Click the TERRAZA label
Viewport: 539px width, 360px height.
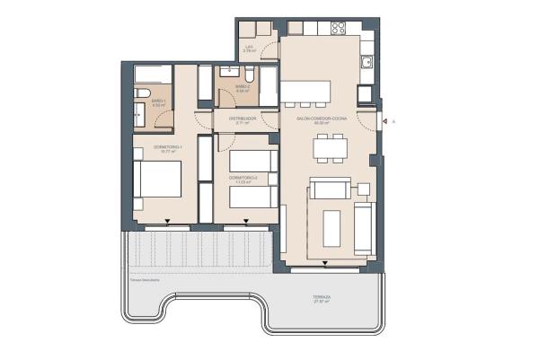pyautogui.click(x=323, y=297)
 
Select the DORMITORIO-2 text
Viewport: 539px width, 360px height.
pyautogui.click(x=243, y=180)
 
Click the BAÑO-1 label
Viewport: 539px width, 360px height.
pyautogui.click(x=157, y=101)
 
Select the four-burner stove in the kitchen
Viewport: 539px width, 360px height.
pyautogui.click(x=337, y=28)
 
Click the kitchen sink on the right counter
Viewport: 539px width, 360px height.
pyautogui.click(x=367, y=63)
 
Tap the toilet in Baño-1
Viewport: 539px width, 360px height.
pyautogui.click(x=144, y=93)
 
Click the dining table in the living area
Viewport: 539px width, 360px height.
pyautogui.click(x=329, y=147)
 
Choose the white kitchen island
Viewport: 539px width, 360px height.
pyautogui.click(x=305, y=92)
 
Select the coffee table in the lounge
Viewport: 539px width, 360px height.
pyautogui.click(x=331, y=228)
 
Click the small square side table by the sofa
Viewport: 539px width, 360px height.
pyautogui.click(x=363, y=189)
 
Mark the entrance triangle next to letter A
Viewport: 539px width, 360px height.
pyautogui.click(x=383, y=120)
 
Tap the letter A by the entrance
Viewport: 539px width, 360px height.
pyautogui.click(x=393, y=120)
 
